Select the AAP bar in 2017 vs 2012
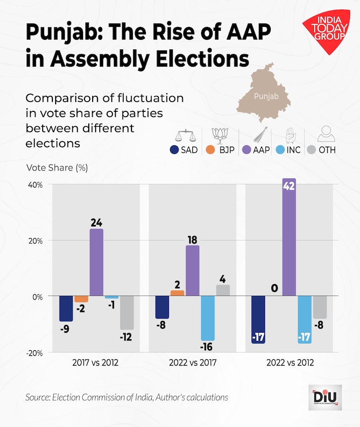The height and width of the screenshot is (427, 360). [x=96, y=262]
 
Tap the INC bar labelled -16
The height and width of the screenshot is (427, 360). [x=208, y=318]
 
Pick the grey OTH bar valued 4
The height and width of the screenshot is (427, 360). [x=223, y=291]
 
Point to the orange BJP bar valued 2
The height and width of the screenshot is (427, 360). [x=177, y=293]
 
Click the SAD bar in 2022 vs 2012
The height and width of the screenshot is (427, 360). [x=258, y=320]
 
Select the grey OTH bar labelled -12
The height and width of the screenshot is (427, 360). [x=127, y=313]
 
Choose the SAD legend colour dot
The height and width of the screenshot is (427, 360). [x=175, y=150]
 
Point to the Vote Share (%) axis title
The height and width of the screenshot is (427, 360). [x=57, y=168]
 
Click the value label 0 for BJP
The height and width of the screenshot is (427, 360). [x=274, y=288]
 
